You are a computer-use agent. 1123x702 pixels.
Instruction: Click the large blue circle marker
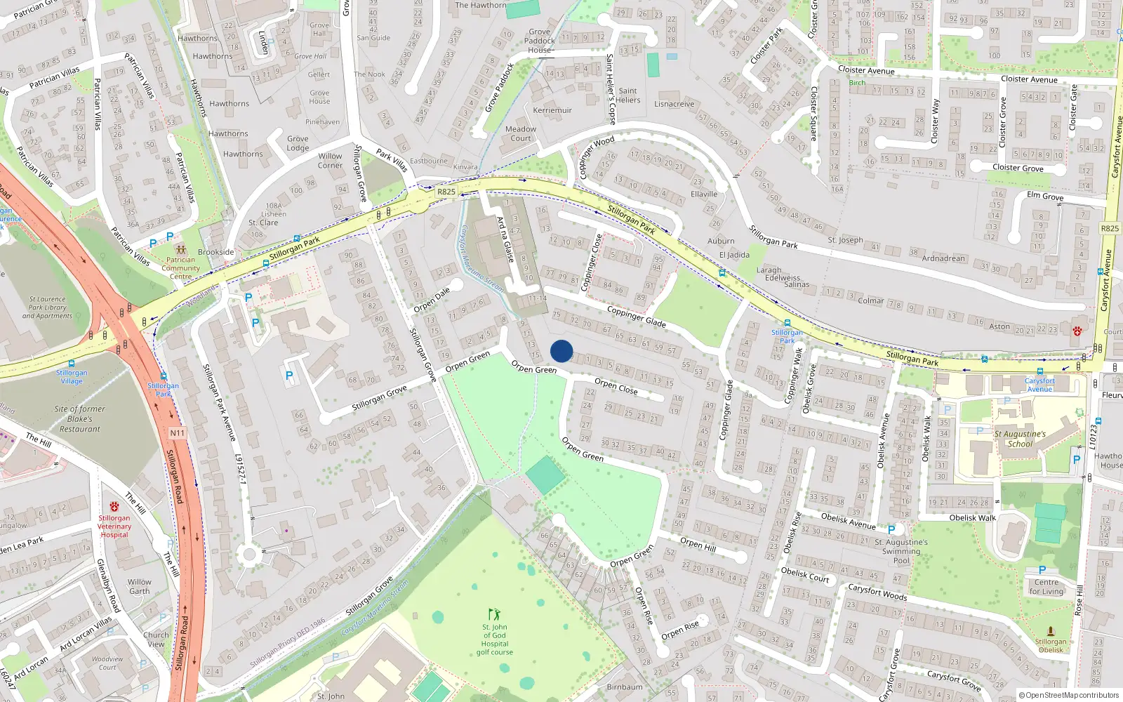coord(561,351)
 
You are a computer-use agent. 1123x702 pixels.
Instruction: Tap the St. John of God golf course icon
coord(494,614)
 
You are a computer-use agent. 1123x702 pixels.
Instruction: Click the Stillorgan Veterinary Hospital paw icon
coord(114,506)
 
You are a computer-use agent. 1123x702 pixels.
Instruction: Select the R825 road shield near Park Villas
coord(446,192)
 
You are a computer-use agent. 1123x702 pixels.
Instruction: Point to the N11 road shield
coord(177,433)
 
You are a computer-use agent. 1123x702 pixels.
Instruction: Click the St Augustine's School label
coord(1020,439)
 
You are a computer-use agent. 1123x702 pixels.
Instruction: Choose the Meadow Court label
coord(521,133)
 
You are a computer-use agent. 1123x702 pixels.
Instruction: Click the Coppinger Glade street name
coord(636,317)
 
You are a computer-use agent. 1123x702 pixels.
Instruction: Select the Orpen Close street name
coord(616,386)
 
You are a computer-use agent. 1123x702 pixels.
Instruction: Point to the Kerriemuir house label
coord(552,110)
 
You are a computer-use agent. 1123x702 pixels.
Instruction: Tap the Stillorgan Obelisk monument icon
coord(1051,631)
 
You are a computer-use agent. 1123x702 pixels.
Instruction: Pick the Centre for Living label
coord(1046,587)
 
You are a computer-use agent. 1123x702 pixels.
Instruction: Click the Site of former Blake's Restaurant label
coord(80,419)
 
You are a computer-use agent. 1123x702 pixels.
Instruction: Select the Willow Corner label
coord(330,161)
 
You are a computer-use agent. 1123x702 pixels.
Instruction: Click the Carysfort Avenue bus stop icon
coord(1039,371)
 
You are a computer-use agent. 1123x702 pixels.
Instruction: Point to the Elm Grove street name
coord(1045,196)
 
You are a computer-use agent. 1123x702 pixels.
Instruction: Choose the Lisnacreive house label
coord(675,104)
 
